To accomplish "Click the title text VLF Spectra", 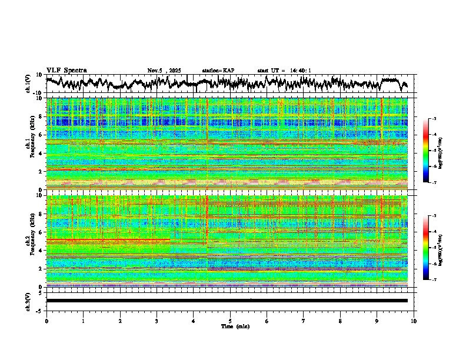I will pos(66,70).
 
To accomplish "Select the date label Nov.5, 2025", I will pos(166,71).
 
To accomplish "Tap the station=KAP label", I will pos(218,71).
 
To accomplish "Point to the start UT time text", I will pos(284,71).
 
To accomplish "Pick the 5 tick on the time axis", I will pos(230,321).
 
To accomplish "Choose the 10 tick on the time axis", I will pos(414,321).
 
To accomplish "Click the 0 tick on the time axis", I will pos(46,321).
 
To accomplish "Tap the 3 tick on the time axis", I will pos(157,321).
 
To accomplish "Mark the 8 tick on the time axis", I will pos(340,321).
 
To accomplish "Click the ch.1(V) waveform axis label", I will pos(28,84).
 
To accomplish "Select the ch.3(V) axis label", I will pos(28,300).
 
